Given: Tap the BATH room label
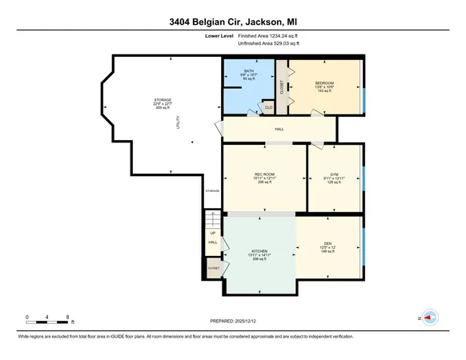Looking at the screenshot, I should coord(249,71).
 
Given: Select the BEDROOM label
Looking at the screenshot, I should coord(324,83).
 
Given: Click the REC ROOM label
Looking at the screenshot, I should coord(265,174).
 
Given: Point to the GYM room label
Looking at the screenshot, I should coord(334,173).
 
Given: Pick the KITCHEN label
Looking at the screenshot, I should coord(259,250).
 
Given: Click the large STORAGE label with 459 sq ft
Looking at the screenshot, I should coord(163,100).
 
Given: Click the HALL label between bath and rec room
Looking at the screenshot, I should coord(279,129).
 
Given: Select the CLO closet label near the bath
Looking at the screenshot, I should coord(268,106).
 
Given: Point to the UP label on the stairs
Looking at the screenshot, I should coord(213,233).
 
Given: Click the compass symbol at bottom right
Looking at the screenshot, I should coord(428,317).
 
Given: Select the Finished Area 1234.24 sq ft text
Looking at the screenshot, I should coord(284,36).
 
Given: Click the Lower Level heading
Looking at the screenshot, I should coord(219,36).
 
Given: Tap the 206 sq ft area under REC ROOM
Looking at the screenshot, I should coord(265,182).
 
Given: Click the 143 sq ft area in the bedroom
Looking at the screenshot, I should coord(324,92).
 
